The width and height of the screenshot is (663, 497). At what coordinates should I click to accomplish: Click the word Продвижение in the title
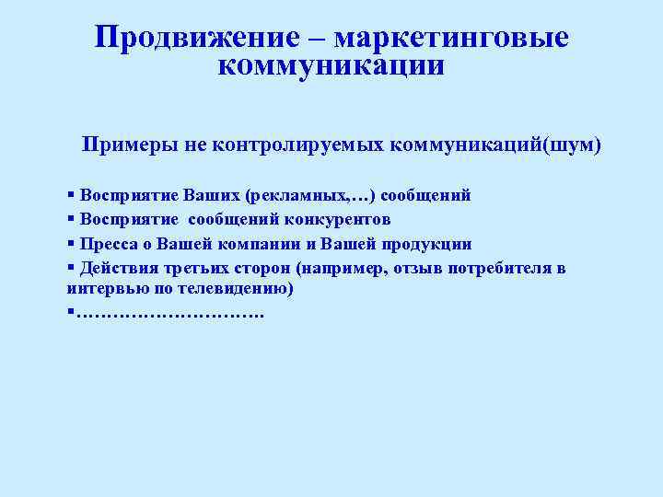195,38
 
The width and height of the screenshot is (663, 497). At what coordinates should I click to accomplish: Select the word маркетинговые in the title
451,38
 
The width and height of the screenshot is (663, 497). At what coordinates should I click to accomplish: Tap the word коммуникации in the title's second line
331,66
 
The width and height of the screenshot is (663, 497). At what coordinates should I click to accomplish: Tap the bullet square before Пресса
72,244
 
